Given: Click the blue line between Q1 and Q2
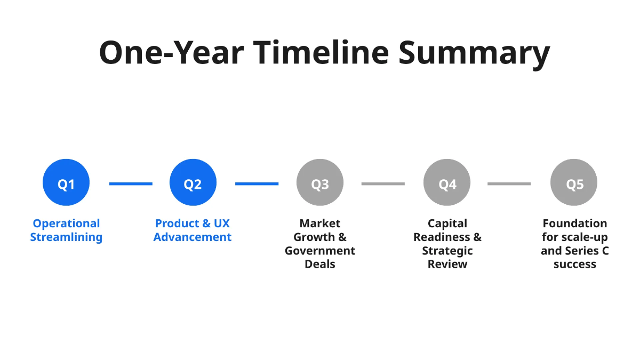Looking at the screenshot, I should (x=131, y=184).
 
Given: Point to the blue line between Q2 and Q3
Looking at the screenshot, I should (x=257, y=184).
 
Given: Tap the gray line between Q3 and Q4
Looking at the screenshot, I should (x=383, y=184).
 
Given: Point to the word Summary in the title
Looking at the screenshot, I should (x=474, y=53).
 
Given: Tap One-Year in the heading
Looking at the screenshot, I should (x=171, y=52).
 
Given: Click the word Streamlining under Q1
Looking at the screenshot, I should (x=66, y=237).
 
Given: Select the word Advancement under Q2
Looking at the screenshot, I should (x=193, y=237).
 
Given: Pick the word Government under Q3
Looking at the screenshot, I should (x=320, y=251).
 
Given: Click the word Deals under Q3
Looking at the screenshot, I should (x=320, y=264).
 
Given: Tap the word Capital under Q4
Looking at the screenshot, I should (x=447, y=223).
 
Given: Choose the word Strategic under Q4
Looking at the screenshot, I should (x=447, y=251).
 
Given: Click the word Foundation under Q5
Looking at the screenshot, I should (x=574, y=223).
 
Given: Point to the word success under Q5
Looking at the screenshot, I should (x=574, y=264).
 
